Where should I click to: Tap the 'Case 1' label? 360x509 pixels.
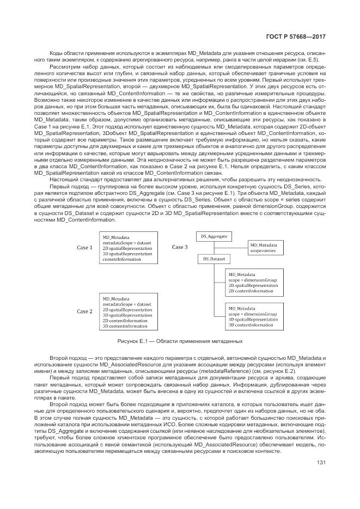point(84,248)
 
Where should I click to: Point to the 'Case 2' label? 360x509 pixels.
point(84,311)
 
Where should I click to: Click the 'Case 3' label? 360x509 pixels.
point(180,247)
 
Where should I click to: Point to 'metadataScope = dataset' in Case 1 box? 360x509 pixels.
point(126,242)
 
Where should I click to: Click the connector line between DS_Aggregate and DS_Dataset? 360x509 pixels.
point(213,248)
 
